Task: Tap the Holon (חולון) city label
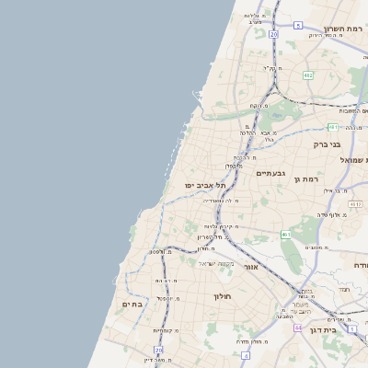point(224,296)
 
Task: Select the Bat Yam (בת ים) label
point(134,304)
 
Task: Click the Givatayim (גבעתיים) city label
point(270,173)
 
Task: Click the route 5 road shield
point(297,25)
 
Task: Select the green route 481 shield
point(332,127)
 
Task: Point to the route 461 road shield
point(286,235)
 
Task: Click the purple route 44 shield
point(298,327)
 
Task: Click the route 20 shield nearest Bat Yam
point(158,351)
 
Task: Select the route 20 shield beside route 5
point(273,34)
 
